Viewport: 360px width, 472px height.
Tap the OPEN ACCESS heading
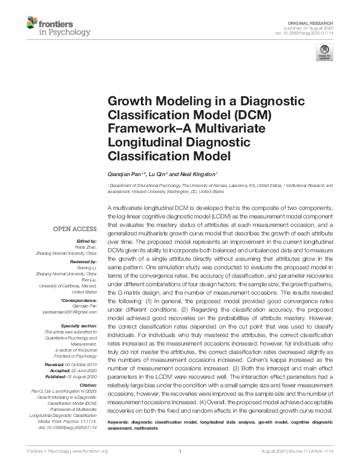click(75, 229)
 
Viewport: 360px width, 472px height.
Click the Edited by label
click(87, 240)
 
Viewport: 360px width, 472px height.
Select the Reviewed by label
click(82, 261)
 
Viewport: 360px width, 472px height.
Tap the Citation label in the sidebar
click(87, 384)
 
